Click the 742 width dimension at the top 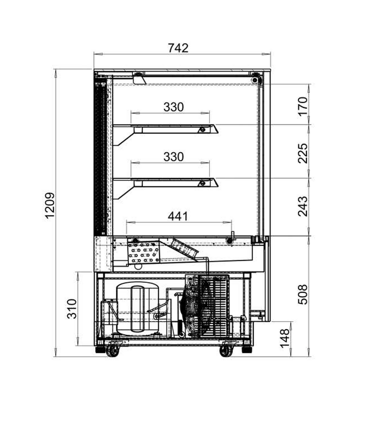pyautogui.click(x=178, y=48)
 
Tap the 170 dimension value pyautogui.click(x=303, y=106)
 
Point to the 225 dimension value pyautogui.click(x=303, y=153)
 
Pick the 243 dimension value pyautogui.click(x=303, y=206)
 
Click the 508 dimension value pyautogui.click(x=303, y=294)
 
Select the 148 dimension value pyautogui.click(x=285, y=338)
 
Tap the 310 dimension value pyautogui.click(x=72, y=309)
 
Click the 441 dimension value pyautogui.click(x=178, y=216)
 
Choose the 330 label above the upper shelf pyautogui.click(x=173, y=107)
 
